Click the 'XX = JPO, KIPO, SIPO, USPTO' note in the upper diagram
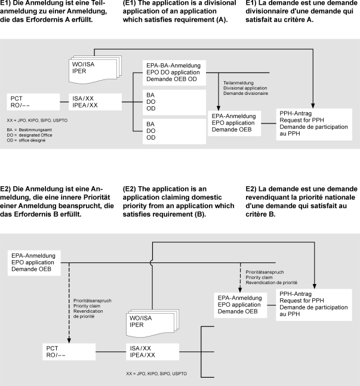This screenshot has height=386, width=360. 37,119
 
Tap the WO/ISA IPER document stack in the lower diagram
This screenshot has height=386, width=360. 144,322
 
